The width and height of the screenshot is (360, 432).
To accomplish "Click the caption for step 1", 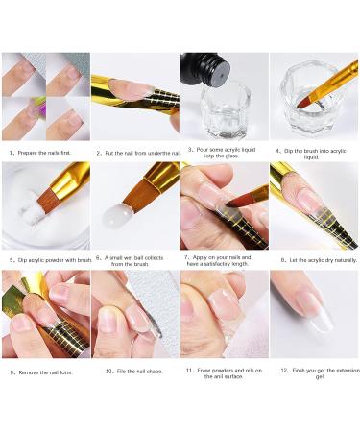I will point(44,152).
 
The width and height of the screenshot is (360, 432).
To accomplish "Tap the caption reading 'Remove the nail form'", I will point(44,372).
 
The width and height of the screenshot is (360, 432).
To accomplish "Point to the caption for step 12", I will point(314,374).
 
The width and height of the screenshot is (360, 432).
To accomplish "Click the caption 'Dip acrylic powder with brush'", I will point(44,260).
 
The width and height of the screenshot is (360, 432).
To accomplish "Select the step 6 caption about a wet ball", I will point(134,261).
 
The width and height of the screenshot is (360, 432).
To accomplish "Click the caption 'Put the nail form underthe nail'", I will point(134,153).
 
